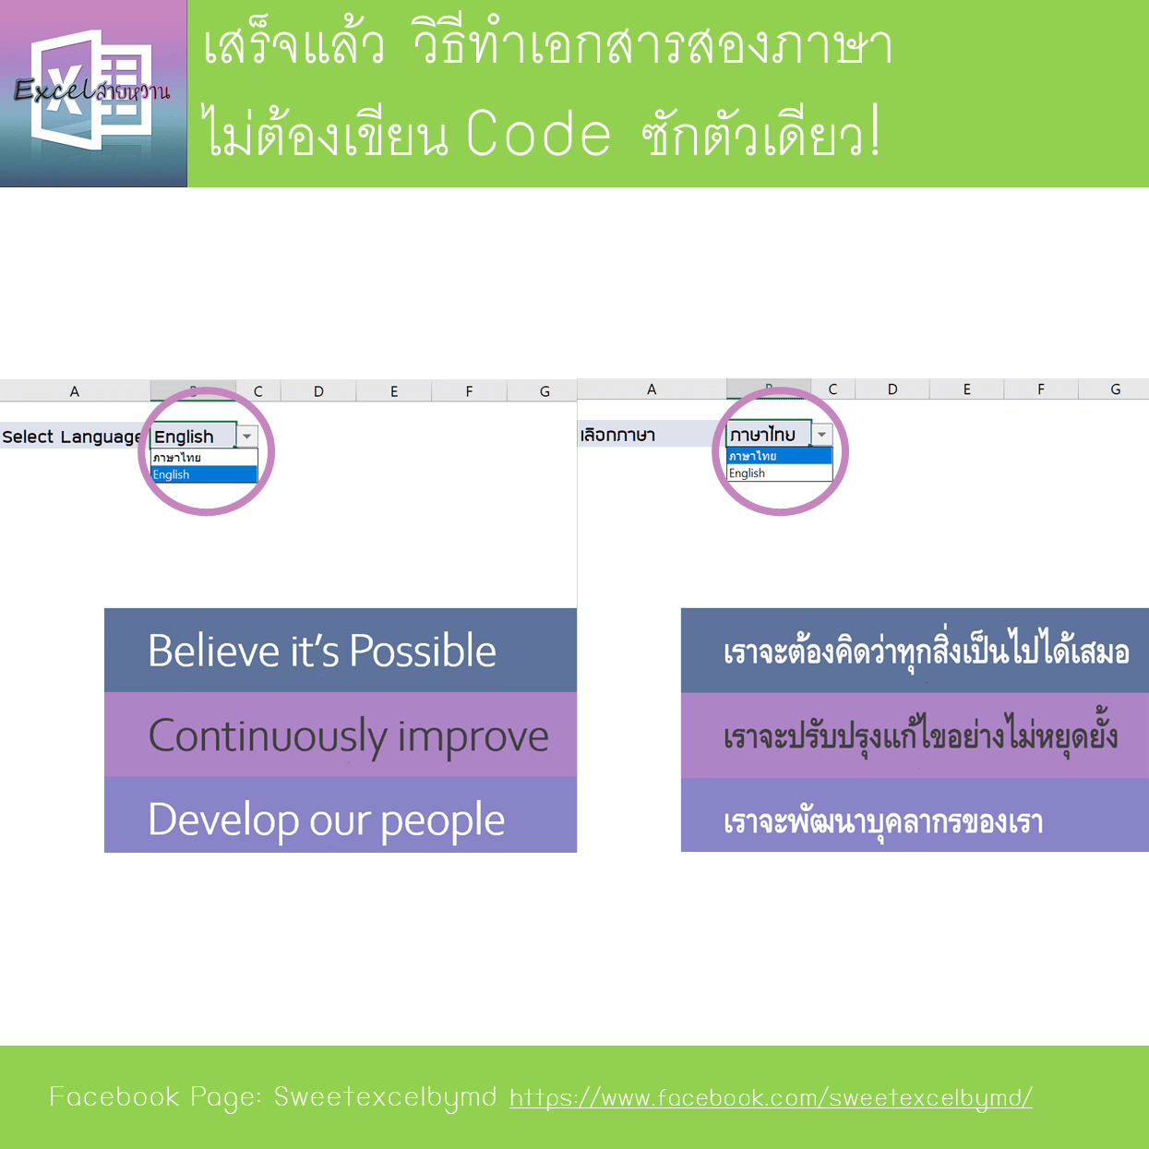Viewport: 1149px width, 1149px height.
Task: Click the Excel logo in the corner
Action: point(93,93)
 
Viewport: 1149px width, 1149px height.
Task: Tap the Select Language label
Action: point(72,437)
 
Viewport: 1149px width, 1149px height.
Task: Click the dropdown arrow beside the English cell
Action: point(246,437)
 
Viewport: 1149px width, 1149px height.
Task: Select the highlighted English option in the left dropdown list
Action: point(204,474)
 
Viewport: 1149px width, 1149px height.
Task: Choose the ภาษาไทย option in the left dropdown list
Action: point(204,458)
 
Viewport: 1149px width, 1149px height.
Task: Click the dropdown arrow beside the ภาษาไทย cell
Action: point(821,435)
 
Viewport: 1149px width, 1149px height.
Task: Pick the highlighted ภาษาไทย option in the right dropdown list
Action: point(779,456)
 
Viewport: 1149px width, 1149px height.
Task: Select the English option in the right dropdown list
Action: point(779,473)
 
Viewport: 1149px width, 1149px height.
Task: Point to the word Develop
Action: point(223,821)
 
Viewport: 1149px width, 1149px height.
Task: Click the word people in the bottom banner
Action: point(442,823)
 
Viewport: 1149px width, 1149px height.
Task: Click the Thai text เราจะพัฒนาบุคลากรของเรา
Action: point(883,822)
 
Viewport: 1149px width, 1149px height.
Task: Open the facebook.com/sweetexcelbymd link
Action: point(771,1097)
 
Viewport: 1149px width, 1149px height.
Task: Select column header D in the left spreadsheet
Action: point(319,391)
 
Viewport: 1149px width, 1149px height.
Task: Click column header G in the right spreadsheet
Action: point(1115,389)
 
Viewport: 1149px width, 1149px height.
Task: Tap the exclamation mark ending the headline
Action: point(875,130)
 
